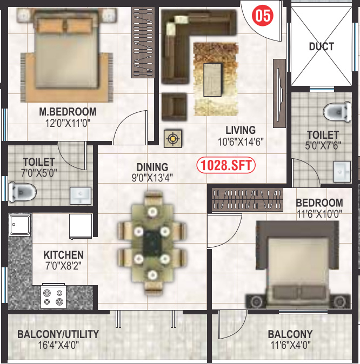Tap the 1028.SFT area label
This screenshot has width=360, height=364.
pos(226,165)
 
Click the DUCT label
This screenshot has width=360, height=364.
pos(321,47)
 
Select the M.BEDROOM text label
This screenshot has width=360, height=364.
pos(68,112)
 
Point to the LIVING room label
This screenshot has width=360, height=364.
pos(241,130)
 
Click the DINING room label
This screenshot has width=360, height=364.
pos(152,167)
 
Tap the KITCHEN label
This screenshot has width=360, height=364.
pos(64,254)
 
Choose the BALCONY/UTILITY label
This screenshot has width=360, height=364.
pos(58,334)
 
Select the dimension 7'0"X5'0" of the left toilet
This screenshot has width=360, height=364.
pos(38,173)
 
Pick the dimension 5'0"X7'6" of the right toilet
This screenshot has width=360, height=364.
pos(323,145)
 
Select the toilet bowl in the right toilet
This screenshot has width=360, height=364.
pos(337,112)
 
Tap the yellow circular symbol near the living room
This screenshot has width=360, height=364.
pos(173,139)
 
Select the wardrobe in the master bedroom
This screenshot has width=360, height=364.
pos(143,41)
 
